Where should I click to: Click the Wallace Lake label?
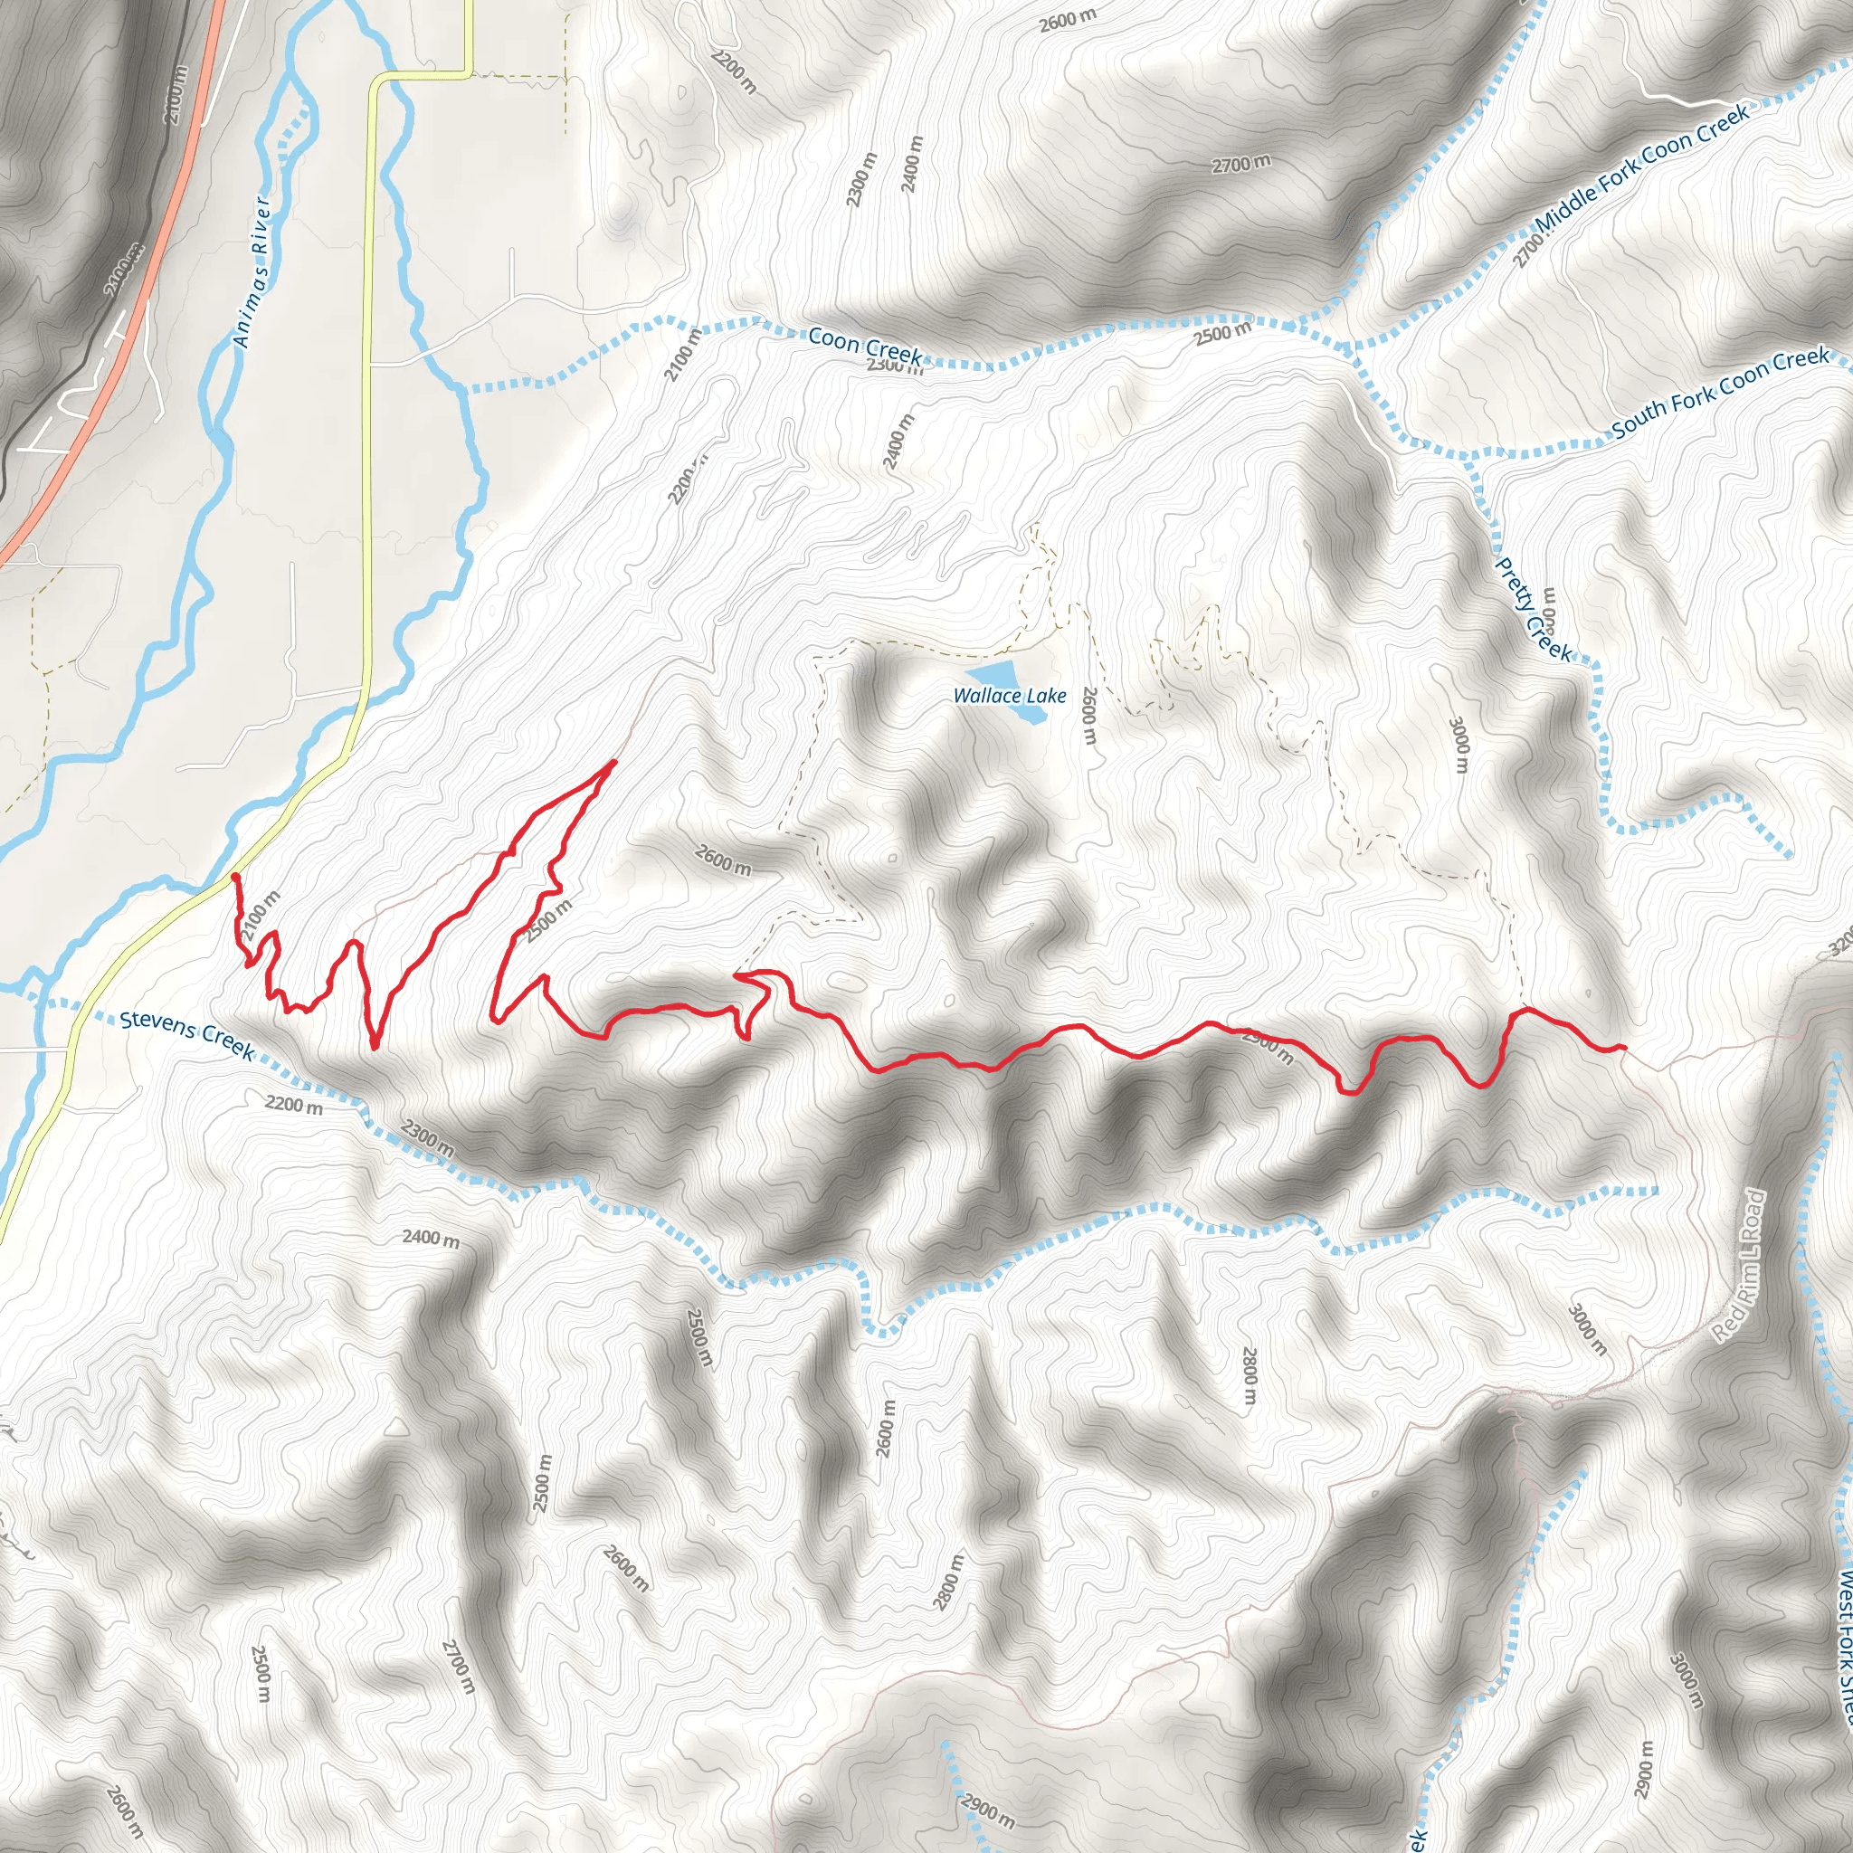1009,696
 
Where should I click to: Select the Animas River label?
252,271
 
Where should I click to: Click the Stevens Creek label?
187,1035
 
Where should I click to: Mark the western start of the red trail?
235,877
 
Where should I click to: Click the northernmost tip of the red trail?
613,763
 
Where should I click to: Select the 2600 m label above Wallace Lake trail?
723,860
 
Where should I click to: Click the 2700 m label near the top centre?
1241,164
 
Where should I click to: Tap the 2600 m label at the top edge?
1068,19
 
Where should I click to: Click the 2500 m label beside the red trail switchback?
547,920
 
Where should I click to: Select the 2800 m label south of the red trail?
1249,1376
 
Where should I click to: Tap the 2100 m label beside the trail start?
260,915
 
